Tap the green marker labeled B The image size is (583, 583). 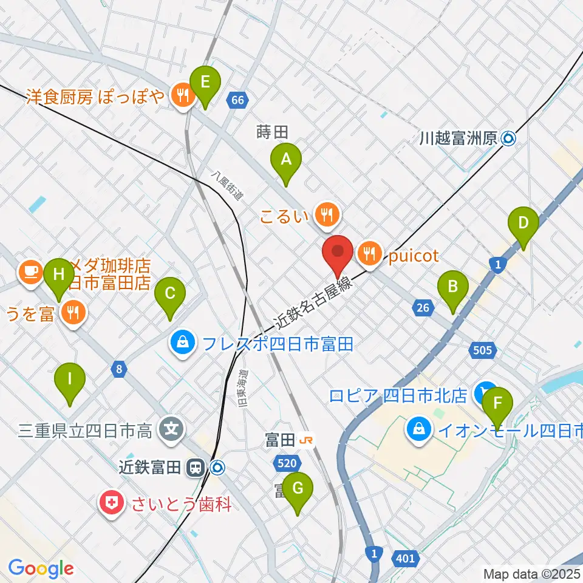[x=453, y=287]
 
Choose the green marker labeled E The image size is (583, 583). [x=204, y=82]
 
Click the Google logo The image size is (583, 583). [x=41, y=568]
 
